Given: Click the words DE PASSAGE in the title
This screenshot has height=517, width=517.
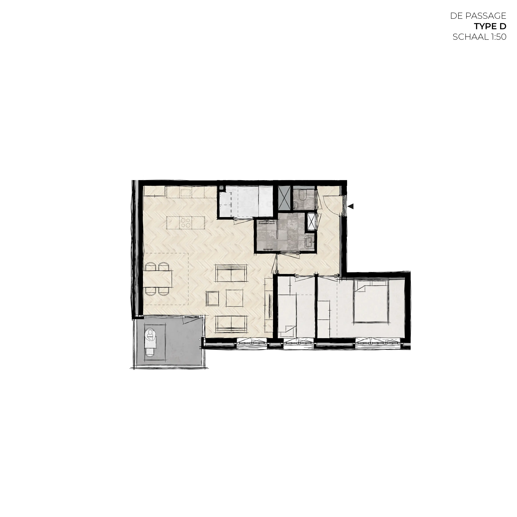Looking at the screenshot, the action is (478, 16).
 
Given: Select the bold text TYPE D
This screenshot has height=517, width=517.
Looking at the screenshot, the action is (490, 26).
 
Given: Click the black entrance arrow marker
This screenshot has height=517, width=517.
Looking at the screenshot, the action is (351, 206).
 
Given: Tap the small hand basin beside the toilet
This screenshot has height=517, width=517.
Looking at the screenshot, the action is (296, 206).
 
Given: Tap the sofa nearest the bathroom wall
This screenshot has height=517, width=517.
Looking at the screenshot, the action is (231, 273).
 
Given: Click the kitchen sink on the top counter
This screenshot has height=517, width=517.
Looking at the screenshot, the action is (185, 193).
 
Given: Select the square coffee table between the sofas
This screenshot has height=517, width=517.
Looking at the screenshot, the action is (234, 298).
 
